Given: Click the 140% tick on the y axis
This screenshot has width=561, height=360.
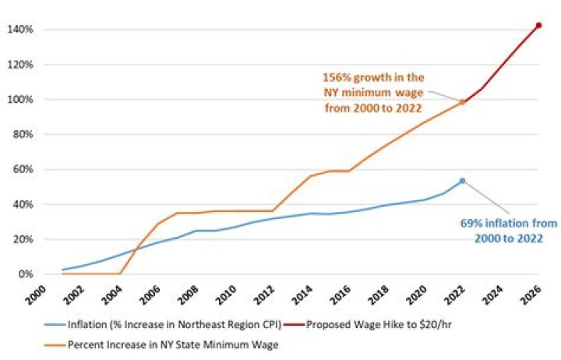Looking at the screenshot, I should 20,30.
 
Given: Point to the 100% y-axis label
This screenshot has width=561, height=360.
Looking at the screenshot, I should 20,100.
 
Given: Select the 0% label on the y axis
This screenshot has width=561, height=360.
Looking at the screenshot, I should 25,274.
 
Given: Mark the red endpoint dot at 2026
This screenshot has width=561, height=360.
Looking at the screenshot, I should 538,26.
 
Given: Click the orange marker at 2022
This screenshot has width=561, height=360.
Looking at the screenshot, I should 462,101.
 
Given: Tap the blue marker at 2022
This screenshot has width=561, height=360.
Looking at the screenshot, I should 462,181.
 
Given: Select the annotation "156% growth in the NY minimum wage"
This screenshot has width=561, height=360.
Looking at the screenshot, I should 374,92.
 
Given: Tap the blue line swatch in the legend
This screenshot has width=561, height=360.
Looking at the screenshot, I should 38,323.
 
